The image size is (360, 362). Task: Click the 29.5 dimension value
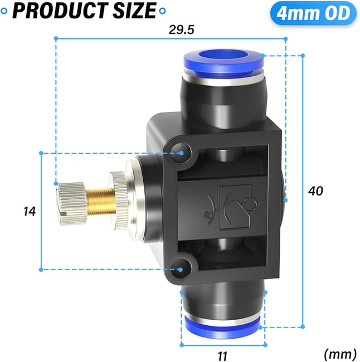pos(181,30)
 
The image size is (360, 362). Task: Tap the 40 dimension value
pos(315,191)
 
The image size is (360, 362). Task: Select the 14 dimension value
pos(30,211)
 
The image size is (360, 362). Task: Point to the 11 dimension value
pos(222,355)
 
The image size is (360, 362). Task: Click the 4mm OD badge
pos(313,13)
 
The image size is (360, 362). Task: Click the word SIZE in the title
pos(134,11)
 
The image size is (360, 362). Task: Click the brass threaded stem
pos(100,200)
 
